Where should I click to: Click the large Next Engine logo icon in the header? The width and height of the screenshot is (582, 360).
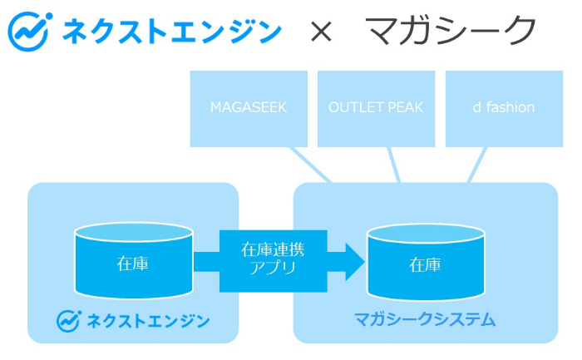[29, 32]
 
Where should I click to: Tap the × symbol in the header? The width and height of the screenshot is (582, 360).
[322, 32]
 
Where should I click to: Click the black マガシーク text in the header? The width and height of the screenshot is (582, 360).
[451, 31]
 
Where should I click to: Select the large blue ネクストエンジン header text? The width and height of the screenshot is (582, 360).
[172, 32]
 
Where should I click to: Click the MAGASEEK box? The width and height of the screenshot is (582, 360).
[249, 109]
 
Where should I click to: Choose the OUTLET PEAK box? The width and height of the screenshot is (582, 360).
[376, 109]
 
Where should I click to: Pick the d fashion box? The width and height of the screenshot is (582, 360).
[504, 109]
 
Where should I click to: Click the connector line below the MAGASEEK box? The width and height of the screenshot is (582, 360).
[310, 165]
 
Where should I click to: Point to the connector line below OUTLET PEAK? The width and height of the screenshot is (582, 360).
[394, 165]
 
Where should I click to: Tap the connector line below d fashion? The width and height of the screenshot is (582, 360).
[477, 165]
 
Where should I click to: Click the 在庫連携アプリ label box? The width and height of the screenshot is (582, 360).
[274, 261]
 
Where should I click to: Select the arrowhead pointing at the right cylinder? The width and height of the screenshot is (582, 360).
[355, 262]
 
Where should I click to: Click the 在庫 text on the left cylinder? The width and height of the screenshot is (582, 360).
[133, 264]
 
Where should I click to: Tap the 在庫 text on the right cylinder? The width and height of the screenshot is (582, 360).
[426, 265]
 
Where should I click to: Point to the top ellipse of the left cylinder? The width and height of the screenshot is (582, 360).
[134, 232]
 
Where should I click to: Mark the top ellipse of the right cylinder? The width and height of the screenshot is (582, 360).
[426, 234]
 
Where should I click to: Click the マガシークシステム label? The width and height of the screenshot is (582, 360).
[425, 319]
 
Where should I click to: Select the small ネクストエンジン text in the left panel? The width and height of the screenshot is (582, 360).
[148, 321]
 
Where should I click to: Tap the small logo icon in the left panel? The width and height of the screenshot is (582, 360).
[69, 321]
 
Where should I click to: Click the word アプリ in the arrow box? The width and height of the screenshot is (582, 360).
[273, 268]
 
